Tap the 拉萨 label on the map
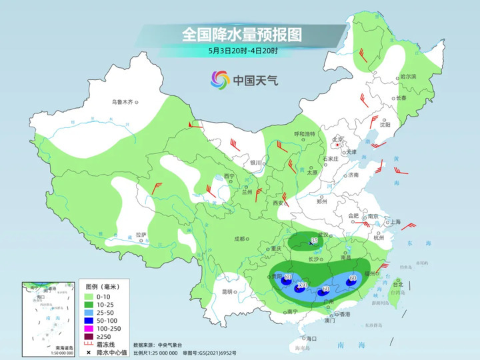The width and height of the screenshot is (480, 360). [140, 235]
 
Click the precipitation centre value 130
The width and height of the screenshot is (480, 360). [301, 286]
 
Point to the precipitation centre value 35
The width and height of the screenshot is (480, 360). [315, 240]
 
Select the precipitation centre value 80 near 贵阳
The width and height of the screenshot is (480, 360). [288, 277]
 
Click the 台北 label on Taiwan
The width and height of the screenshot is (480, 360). [398, 284]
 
